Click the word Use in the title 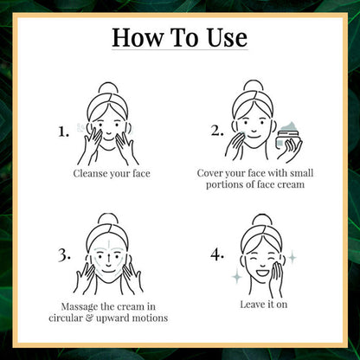click(x=227, y=37)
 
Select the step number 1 click(x=64, y=132)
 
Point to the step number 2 click(x=217, y=131)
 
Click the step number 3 click(x=64, y=255)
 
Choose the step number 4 click(x=217, y=254)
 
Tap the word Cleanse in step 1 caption click(x=89, y=174)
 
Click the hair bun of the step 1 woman click(x=108, y=87)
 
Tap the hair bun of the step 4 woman click(x=261, y=220)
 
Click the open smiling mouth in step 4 click(x=262, y=272)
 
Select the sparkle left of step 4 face click(x=237, y=276)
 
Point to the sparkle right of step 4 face click(x=292, y=257)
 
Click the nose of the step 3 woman click(x=108, y=262)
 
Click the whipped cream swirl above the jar click(x=288, y=125)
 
